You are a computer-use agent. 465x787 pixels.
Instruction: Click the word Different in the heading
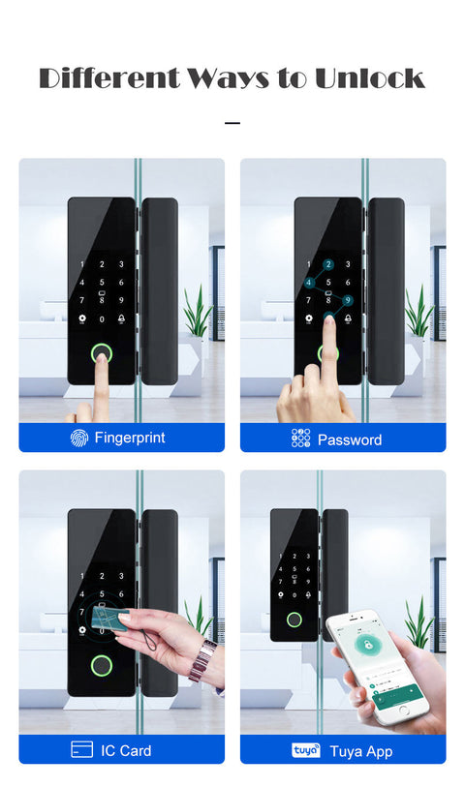(x=101, y=78)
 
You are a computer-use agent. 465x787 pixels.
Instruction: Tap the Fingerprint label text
(x=130, y=438)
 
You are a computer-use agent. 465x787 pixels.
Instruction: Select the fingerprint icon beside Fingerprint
(x=79, y=438)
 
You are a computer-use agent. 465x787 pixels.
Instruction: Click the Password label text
(x=350, y=439)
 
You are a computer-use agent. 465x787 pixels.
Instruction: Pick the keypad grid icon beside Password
(x=300, y=439)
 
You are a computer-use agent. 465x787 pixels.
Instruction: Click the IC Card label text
(x=126, y=750)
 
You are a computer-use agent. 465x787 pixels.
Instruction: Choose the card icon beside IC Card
(x=82, y=749)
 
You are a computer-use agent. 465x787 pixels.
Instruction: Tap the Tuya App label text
(x=360, y=751)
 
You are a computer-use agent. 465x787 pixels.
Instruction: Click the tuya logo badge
(x=305, y=750)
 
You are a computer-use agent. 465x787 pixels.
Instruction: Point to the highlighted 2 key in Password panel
(x=328, y=264)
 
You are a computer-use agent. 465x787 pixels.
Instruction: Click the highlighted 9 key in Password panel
(x=347, y=301)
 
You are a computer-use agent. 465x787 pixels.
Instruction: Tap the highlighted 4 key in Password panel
(x=309, y=283)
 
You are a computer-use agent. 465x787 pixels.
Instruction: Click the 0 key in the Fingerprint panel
(x=102, y=318)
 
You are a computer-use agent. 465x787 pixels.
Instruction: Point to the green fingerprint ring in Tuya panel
(x=294, y=620)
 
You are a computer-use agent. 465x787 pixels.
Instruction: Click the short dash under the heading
(x=232, y=124)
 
